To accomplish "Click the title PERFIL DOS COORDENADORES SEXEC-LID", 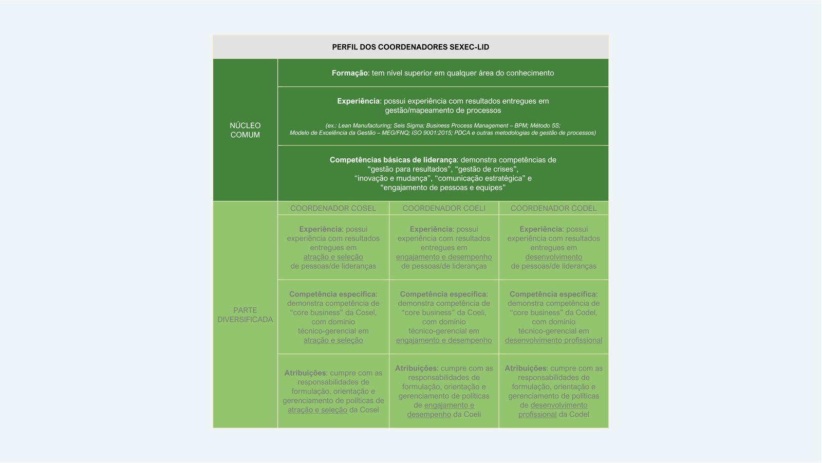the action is [410, 47].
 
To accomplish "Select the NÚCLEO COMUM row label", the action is [245, 130].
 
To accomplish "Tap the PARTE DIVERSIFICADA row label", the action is [245, 314].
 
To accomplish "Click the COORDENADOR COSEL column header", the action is [333, 208].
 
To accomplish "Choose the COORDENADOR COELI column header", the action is [444, 208].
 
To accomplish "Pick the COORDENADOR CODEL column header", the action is [553, 208].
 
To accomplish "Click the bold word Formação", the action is [350, 73].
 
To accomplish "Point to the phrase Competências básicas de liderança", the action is [393, 160].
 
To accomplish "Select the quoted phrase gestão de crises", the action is [487, 169].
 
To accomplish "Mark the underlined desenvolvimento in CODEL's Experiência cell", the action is [553, 257].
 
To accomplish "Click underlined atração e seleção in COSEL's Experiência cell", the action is [333, 257].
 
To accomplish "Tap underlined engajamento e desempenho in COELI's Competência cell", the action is [444, 340].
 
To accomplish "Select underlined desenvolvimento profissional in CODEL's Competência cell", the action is [553, 340].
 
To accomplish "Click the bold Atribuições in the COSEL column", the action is [305, 373].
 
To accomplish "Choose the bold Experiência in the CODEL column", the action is [540, 229].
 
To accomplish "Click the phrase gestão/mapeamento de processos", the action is [443, 110].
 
